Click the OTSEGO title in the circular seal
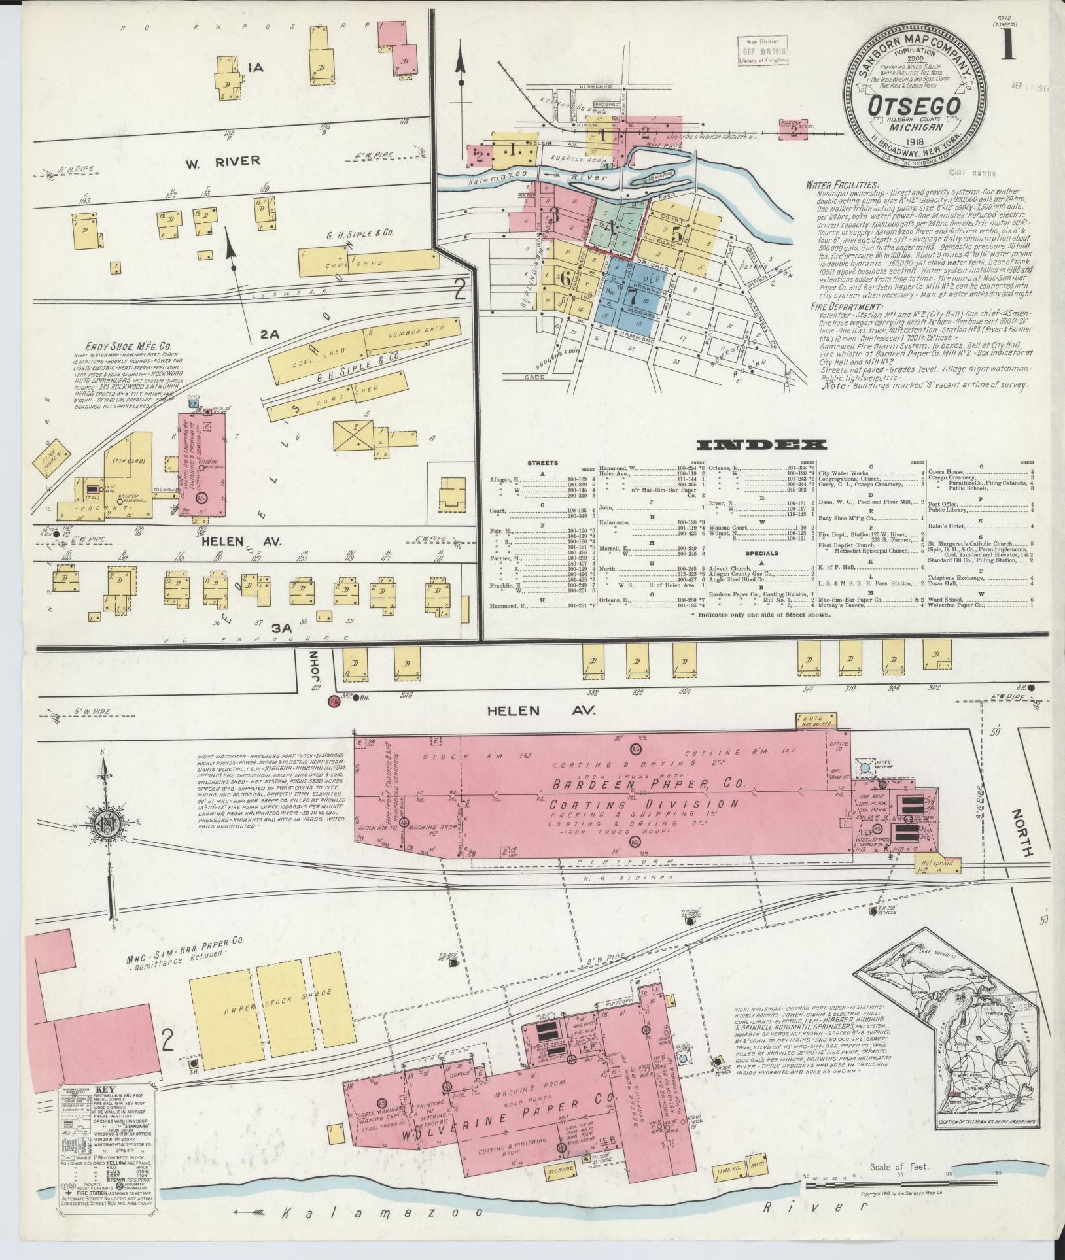pyautogui.click(x=914, y=105)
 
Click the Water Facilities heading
pyautogui.click(x=843, y=185)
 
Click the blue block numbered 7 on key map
pyautogui.click(x=631, y=296)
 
